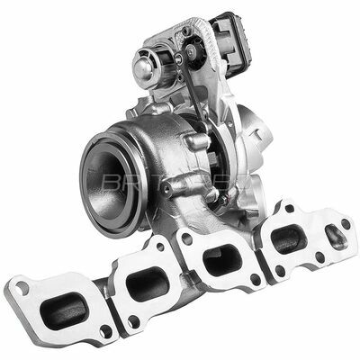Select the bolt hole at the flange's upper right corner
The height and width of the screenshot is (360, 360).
click(345, 222)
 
